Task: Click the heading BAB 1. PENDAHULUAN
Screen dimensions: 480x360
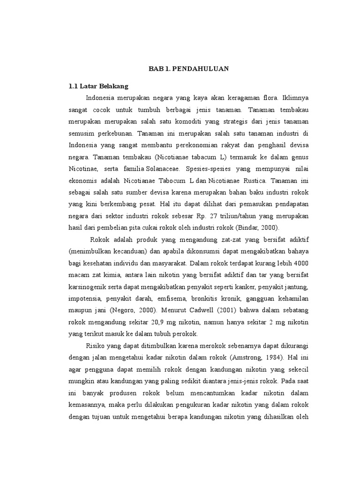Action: (188, 68)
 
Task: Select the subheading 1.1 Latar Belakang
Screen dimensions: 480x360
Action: (98, 86)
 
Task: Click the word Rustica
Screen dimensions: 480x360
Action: (253, 180)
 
